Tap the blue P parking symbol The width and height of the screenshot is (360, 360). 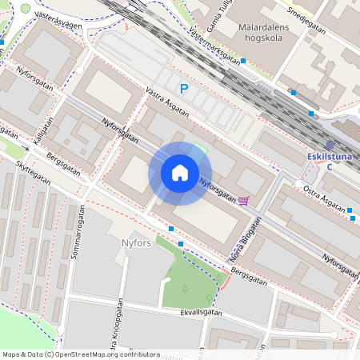coord(183,90)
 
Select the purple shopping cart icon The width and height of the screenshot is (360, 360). coord(243,200)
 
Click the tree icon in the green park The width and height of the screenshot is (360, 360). coord(185,288)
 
